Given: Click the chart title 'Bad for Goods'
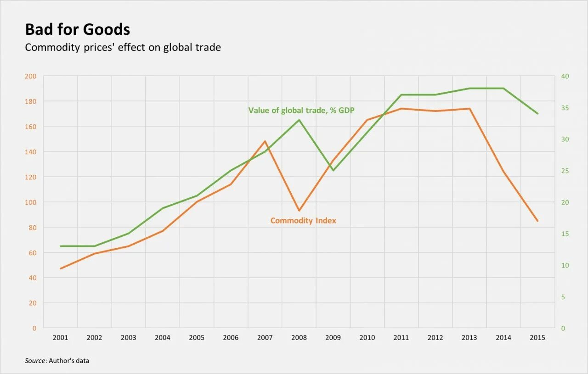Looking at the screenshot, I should [x=77, y=30].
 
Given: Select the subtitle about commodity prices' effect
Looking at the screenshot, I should [x=123, y=47].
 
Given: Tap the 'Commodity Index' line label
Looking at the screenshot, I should [x=303, y=221].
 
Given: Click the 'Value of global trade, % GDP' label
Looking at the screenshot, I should [x=301, y=110].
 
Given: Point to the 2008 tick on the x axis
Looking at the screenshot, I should [x=299, y=338].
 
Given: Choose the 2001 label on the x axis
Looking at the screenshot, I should [x=61, y=338].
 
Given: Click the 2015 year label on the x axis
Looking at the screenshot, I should [x=537, y=338].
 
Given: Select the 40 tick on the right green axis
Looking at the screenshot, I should [x=565, y=76].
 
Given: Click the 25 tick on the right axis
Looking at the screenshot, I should [x=565, y=171].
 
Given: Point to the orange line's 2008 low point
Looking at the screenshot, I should [x=299, y=211].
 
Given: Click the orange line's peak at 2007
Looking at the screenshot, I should [x=265, y=141].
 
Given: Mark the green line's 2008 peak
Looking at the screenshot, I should [x=299, y=120].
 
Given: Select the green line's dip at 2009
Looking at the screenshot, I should [x=333, y=170].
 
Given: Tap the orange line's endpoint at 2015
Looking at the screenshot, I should [x=537, y=221].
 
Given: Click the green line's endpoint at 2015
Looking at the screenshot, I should [x=537, y=113].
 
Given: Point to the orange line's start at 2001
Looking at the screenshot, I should [x=61, y=268].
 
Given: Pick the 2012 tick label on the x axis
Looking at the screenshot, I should [x=435, y=338].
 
